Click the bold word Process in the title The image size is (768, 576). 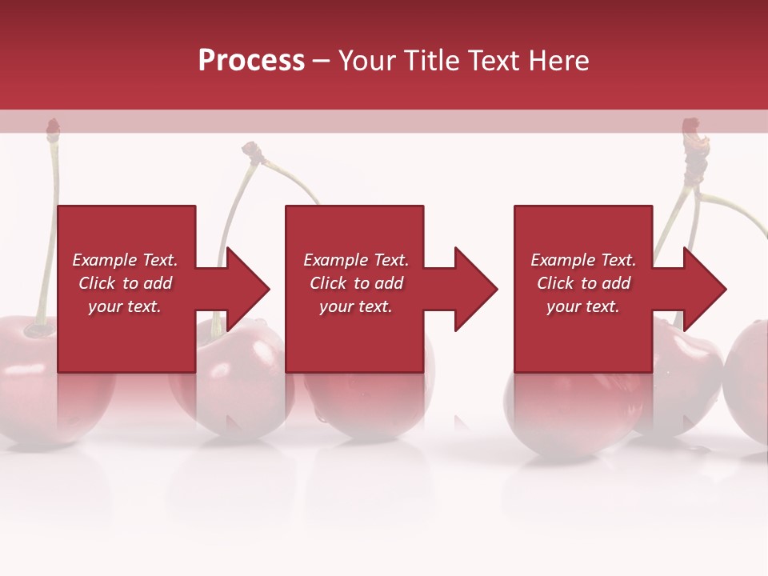251,60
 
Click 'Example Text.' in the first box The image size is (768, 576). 125,260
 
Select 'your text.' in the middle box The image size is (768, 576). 355,306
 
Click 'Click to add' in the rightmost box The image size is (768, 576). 583,283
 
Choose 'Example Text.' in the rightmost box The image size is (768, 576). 583,260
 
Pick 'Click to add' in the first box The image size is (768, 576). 125,283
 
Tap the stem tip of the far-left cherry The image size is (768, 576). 53,126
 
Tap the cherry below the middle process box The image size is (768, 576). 368,400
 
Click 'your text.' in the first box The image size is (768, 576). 125,306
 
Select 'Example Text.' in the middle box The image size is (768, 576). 355,260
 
